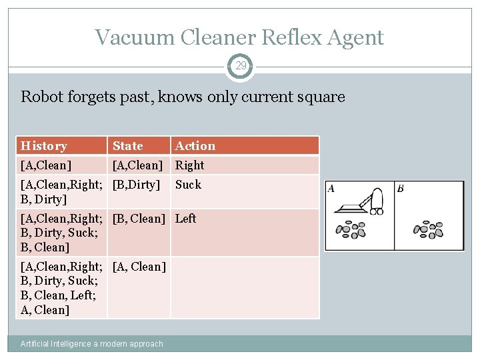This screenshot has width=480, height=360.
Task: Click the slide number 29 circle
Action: (240, 66)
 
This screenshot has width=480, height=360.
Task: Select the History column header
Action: (44, 146)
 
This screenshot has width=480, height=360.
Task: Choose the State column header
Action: (127, 146)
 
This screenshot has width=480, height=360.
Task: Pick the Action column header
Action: (195, 146)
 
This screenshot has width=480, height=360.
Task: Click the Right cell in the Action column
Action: (190, 165)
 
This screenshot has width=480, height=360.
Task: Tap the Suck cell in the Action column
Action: (188, 185)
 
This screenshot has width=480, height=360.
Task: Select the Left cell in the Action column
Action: (186, 219)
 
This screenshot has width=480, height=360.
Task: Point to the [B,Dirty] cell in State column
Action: (137, 185)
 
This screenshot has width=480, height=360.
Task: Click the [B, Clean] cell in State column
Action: (139, 219)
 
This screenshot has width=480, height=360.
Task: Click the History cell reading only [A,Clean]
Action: (46, 165)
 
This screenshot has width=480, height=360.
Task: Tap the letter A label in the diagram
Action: (331, 189)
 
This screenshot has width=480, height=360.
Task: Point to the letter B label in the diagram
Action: (400, 189)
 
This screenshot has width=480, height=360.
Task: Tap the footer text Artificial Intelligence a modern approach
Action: (92, 344)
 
